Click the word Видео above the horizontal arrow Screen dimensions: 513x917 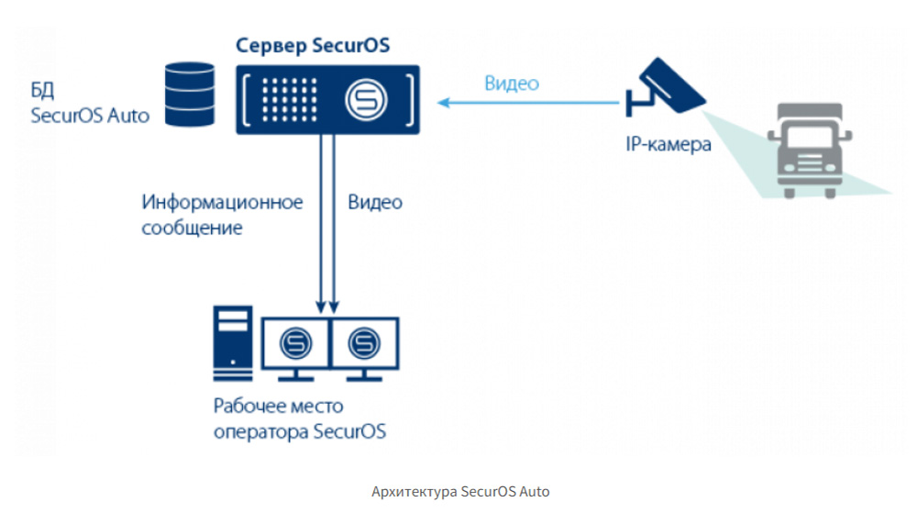point(511,84)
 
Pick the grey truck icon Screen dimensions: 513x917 point(809,149)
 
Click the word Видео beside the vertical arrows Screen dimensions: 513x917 point(375,203)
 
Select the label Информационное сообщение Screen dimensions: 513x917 point(221,215)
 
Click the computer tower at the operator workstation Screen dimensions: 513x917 point(232,342)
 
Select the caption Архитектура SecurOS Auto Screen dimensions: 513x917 point(460,491)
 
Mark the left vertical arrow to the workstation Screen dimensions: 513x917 point(321,220)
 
